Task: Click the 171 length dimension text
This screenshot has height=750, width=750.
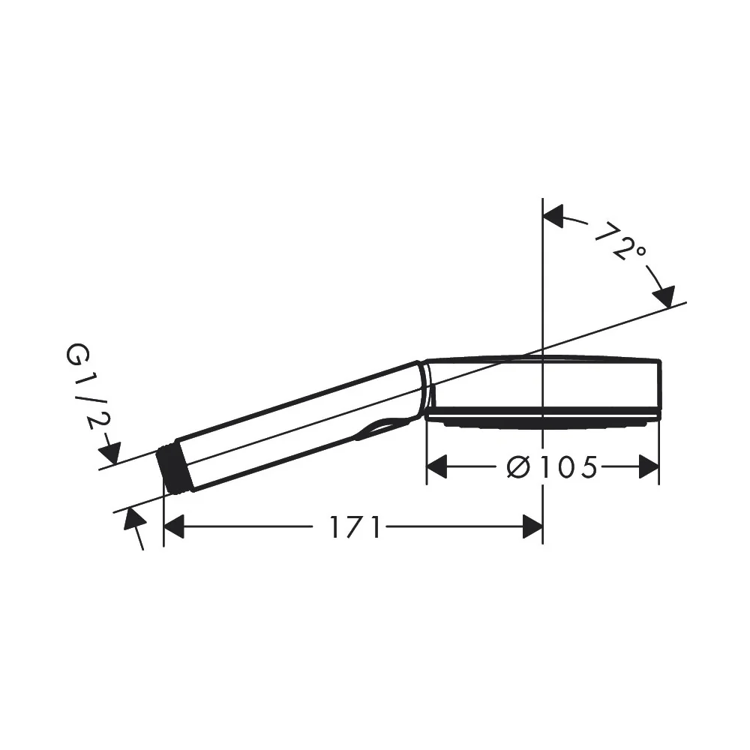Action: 355,526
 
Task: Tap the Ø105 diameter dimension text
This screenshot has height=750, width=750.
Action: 552,466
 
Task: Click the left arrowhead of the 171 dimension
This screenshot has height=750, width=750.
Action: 174,526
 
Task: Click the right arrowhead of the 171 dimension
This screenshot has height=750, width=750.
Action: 532,526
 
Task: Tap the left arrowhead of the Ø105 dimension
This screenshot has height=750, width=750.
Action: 436,466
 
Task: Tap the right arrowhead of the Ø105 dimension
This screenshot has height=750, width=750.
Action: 649,466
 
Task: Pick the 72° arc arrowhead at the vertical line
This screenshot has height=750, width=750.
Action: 553,216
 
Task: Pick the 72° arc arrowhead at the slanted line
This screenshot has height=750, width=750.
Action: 664,296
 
